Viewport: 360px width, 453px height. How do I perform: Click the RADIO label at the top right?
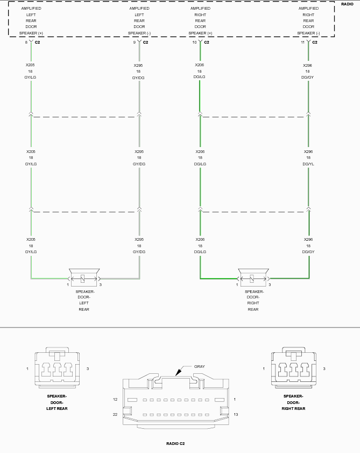pyautogui.click(x=347, y=4)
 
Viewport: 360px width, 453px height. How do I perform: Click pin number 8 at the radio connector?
pyautogui.click(x=26, y=42)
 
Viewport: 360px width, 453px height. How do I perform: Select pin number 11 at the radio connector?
pyautogui.click(x=302, y=42)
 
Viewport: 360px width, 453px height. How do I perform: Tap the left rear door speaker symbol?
pyautogui.click(x=84, y=277)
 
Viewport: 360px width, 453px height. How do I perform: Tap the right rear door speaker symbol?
pyautogui.click(x=253, y=277)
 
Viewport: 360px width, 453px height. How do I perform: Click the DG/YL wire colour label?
pyautogui.click(x=308, y=164)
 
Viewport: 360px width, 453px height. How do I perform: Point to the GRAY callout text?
pyautogui.click(x=200, y=366)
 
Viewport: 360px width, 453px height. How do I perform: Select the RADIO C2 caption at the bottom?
pyautogui.click(x=175, y=443)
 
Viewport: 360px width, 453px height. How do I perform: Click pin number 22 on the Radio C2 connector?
pyautogui.click(x=115, y=414)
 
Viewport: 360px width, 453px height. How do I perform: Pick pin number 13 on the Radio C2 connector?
pyautogui.click(x=236, y=414)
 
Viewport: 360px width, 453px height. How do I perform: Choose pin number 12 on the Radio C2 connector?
pyautogui.click(x=115, y=399)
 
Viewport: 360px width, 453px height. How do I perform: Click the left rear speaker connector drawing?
pyautogui.click(x=57, y=367)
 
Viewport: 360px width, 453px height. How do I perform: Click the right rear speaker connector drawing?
pyautogui.click(x=294, y=367)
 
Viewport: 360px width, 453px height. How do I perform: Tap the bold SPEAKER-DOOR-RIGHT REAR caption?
pyautogui.click(x=293, y=402)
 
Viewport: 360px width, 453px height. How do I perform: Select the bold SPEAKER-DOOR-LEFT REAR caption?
pyautogui.click(x=57, y=402)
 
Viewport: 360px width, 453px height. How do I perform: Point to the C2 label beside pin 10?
pyautogui.click(x=207, y=42)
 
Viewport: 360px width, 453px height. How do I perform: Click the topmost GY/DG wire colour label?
pyautogui.click(x=138, y=78)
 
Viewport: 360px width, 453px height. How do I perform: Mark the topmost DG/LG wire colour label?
pyautogui.click(x=199, y=77)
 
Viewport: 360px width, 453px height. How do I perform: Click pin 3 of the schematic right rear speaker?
pyautogui.click(x=270, y=284)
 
